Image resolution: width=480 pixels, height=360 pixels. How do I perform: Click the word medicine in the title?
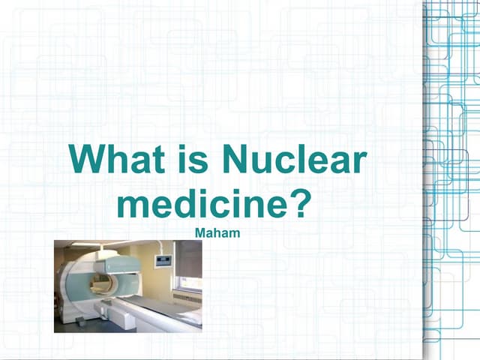203,204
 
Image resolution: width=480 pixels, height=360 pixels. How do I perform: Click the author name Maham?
217,233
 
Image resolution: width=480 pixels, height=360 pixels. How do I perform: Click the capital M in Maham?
199,233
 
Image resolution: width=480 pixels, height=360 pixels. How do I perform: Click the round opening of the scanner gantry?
100,284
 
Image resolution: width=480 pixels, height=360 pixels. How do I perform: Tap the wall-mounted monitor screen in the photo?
163,261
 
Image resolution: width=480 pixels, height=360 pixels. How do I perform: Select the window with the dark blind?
188,259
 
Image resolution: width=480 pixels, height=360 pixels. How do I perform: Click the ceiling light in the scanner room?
90,244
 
